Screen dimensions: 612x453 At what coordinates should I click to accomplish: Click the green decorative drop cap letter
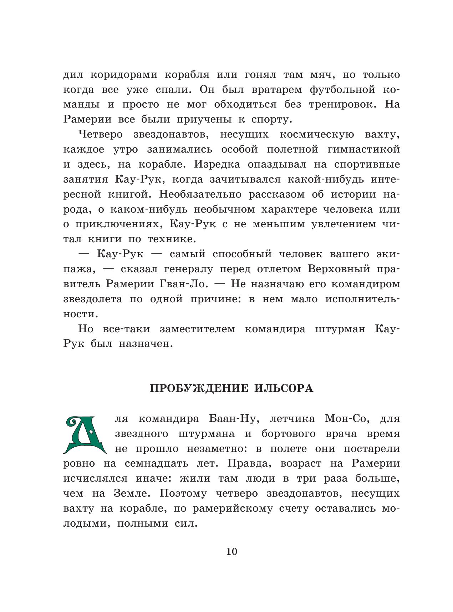click(85, 434)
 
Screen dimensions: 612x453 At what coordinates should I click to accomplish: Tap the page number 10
click(231, 551)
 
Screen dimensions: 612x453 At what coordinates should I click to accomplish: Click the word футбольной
click(341, 90)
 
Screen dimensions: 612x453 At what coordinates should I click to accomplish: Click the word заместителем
click(197, 329)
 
